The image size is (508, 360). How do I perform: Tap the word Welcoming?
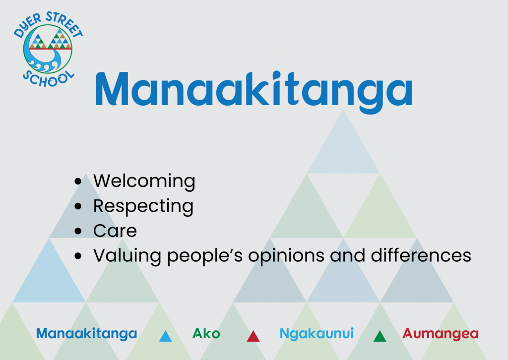(144, 181)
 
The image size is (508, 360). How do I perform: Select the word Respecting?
(143, 206)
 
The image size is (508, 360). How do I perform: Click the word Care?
(115, 231)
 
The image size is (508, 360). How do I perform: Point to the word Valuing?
(127, 256)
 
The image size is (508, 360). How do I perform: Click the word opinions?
(286, 256)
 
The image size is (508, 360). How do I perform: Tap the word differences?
(421, 255)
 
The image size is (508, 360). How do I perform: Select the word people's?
(205, 256)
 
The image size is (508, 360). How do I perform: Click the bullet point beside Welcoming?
(78, 181)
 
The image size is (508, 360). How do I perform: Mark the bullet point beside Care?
(78, 231)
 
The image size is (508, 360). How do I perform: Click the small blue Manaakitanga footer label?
(86, 334)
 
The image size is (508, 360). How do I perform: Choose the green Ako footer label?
(206, 333)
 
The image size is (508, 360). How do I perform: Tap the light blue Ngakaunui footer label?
(317, 334)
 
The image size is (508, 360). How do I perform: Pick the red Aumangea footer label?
(441, 334)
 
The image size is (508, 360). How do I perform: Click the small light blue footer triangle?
(166, 337)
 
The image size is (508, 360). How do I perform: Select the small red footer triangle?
(253, 337)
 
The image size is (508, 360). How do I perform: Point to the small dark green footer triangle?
(380, 337)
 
